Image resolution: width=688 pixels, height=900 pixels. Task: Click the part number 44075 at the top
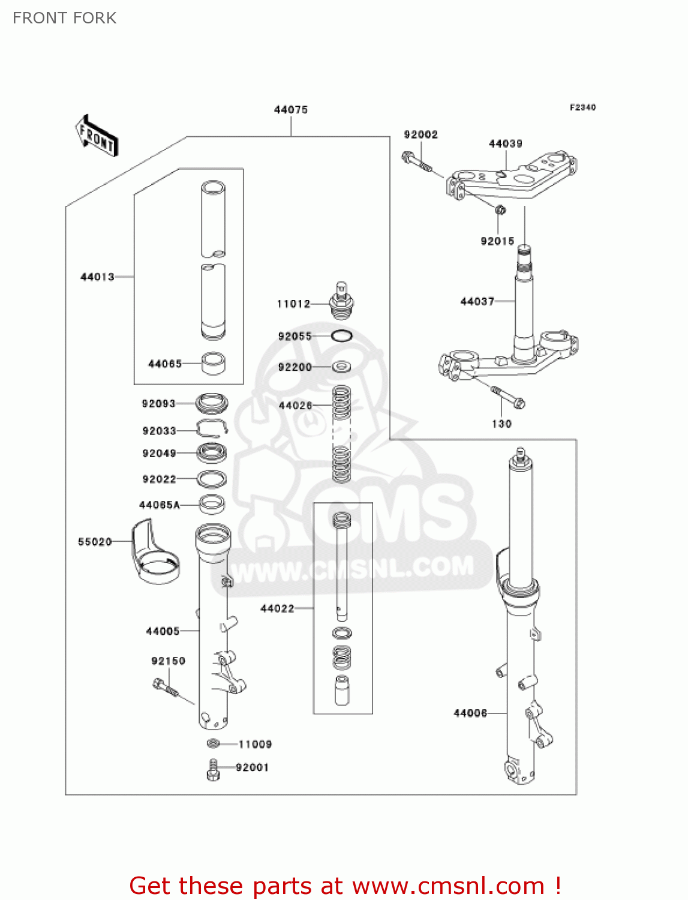point(291,110)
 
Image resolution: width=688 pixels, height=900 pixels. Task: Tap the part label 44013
point(97,277)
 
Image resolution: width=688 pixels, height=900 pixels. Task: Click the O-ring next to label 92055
point(341,336)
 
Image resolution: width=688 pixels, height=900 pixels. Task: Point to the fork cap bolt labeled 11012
point(341,302)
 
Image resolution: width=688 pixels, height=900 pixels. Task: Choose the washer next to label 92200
point(341,367)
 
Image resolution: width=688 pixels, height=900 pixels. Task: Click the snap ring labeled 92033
point(212,428)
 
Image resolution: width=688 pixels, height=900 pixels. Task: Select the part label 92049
point(159,453)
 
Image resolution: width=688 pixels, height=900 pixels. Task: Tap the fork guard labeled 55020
point(154,553)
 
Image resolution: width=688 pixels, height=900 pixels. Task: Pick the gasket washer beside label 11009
point(213,744)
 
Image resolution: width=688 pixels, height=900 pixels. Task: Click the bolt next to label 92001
point(213,769)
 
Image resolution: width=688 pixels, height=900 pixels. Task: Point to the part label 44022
point(277,608)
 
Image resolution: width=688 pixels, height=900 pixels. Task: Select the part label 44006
point(470,713)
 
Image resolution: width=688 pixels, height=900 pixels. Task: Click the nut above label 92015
point(500,210)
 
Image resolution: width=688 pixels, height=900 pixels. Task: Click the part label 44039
point(505,143)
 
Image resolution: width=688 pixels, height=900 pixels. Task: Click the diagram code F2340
point(582,107)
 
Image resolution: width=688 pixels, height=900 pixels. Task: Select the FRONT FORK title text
point(65,18)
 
